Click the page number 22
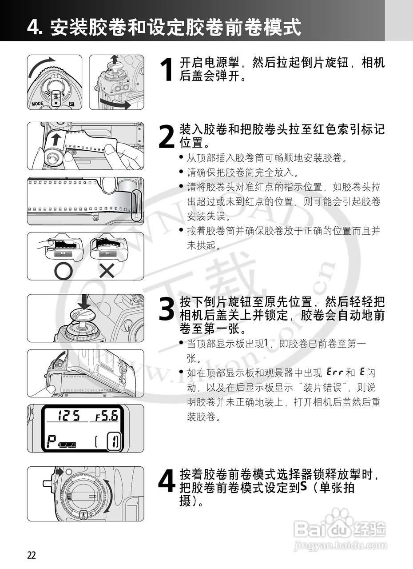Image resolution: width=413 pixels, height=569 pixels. click(32, 555)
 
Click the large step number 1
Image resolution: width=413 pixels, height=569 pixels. click(167, 70)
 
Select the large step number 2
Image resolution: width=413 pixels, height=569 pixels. click(167, 136)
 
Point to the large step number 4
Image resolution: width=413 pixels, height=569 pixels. click(167, 481)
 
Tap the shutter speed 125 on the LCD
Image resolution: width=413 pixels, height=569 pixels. click(69, 417)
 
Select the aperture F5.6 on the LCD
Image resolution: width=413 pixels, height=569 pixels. click(107, 417)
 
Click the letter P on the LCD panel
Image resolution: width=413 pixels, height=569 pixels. click(52, 441)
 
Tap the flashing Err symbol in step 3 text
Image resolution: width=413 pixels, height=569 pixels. click(334, 371)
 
